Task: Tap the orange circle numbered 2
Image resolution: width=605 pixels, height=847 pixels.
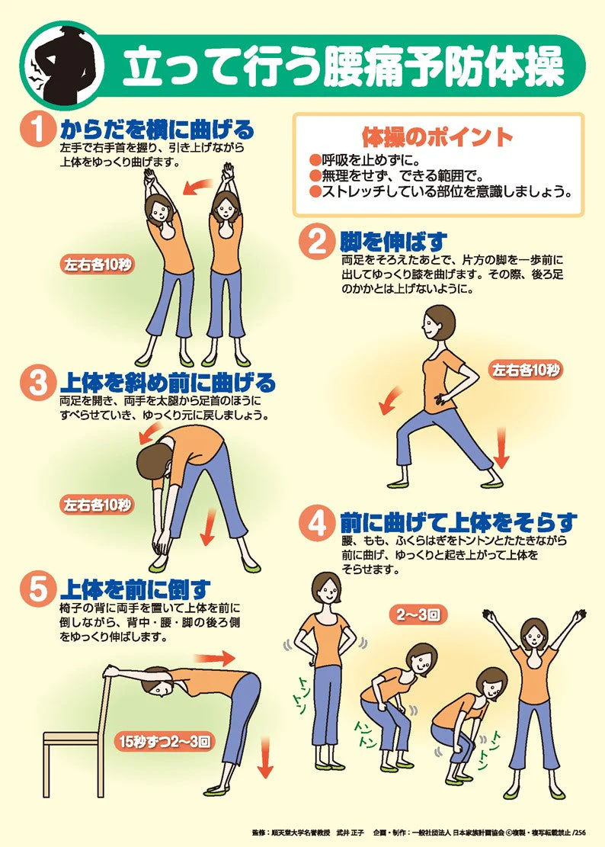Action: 317,242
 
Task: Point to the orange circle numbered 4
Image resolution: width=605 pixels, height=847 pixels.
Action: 317,524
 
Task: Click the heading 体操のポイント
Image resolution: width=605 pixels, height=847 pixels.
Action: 437,138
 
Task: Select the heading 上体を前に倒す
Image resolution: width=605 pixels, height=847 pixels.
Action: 135,589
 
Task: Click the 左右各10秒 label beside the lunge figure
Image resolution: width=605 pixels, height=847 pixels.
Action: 526,371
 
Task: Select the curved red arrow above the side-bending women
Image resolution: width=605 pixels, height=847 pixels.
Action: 200,186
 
